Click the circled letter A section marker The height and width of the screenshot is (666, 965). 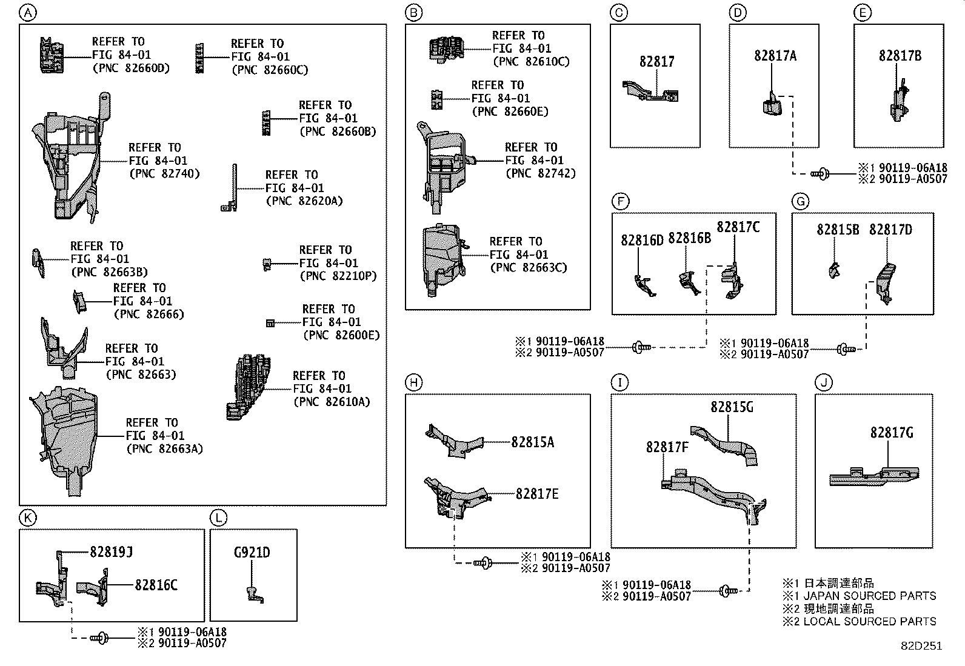coord(28,12)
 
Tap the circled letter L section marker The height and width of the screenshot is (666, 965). coord(218,517)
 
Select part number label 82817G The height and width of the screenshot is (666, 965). coord(891,433)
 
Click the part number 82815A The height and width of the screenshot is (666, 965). coord(532,442)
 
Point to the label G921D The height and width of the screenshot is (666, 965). coord(252,553)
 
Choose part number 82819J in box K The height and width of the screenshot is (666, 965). coord(111,552)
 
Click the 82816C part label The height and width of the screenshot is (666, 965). coord(156,585)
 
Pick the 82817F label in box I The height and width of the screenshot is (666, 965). coord(667,447)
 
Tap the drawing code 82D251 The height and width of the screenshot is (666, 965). coord(920,646)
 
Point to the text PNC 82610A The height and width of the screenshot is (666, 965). coord(331,402)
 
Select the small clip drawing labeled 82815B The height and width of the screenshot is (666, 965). coord(834,270)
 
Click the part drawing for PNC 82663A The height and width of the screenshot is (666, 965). coord(64,439)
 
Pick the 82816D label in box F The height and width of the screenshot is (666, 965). coord(642,241)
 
